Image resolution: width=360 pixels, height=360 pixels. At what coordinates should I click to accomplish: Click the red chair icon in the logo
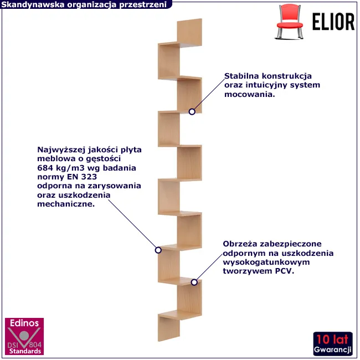click(290, 22)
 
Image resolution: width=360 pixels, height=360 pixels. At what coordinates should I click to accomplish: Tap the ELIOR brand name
click(333, 22)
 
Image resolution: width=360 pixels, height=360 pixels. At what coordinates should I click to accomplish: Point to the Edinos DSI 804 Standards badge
click(24, 336)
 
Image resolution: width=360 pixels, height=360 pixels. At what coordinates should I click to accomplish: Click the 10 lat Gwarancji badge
click(333, 344)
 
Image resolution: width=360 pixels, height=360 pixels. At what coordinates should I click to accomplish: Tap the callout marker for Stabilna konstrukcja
click(192, 111)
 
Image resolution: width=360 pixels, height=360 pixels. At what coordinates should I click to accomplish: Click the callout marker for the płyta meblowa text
click(158, 250)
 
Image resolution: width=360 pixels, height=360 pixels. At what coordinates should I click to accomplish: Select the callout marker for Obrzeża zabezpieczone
click(194, 282)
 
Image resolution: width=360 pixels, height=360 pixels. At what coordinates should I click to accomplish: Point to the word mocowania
click(250, 94)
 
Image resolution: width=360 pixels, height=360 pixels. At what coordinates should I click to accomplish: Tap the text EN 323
click(82, 177)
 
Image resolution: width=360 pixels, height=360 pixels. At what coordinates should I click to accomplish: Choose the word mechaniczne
click(66, 204)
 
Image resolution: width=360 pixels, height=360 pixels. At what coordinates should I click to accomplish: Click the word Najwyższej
click(61, 150)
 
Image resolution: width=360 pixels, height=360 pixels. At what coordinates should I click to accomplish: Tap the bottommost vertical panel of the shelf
click(169, 328)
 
